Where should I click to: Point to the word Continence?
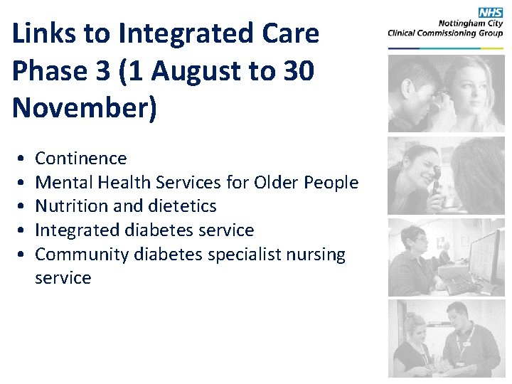[80, 159]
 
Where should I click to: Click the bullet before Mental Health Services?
[23, 183]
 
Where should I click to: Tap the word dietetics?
[181, 206]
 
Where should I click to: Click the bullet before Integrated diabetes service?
[23, 230]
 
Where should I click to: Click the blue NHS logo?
[490, 13]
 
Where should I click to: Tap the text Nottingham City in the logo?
[472, 22]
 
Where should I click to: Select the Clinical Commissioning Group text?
[445, 32]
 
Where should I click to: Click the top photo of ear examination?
[446, 94]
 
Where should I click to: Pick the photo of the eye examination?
[446, 176]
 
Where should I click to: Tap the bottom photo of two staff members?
[446, 338]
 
